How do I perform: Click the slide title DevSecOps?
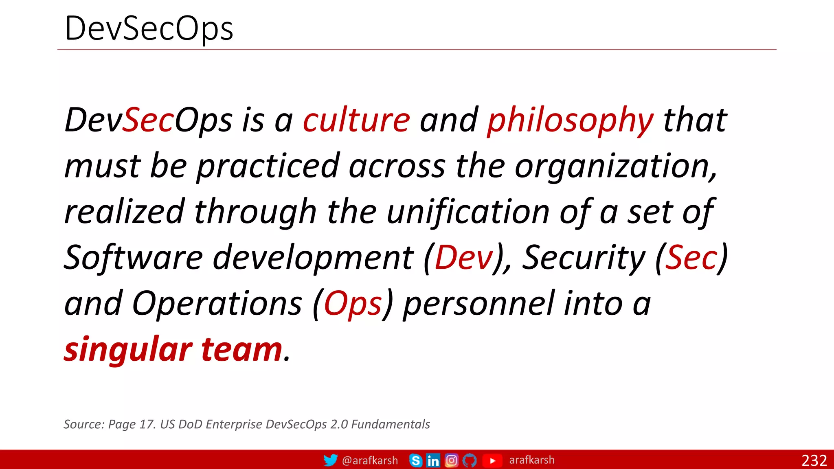click(149, 28)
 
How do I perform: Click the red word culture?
click(356, 120)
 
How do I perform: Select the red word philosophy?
click(570, 121)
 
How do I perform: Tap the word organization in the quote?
click(615, 167)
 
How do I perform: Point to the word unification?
click(468, 212)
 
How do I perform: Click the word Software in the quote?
click(134, 258)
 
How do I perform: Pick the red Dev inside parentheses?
click(464, 258)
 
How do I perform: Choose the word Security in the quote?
click(584, 258)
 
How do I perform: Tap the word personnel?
click(479, 304)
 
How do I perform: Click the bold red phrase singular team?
click(173, 349)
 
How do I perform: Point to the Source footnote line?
click(247, 424)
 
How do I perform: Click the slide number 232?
click(814, 460)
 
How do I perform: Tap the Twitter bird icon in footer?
click(330, 460)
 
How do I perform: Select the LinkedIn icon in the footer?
click(433, 460)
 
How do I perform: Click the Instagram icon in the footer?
click(451, 460)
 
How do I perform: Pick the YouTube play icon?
click(492, 460)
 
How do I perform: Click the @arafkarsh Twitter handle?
click(370, 460)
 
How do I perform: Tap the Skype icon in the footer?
click(415, 460)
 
